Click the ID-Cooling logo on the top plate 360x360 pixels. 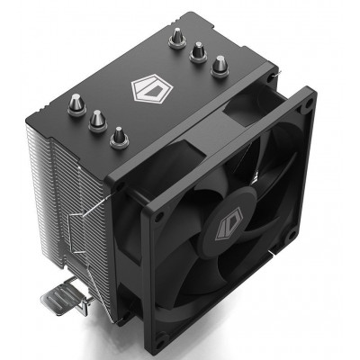tap(148, 91)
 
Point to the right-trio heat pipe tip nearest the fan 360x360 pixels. tap(219, 64)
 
